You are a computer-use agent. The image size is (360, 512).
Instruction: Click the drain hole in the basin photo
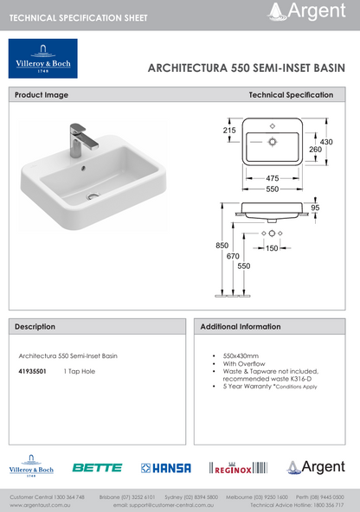tap(92, 198)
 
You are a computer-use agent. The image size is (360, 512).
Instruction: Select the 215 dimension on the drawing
tap(229, 131)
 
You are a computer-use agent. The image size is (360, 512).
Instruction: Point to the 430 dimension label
tap(326, 141)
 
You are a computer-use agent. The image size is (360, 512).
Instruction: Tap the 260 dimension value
tap(315, 150)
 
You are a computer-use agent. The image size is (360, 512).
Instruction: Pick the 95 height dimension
tap(315, 208)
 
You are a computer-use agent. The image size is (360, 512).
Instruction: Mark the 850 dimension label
tap(222, 246)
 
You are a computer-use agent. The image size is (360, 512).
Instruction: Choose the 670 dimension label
tap(233, 256)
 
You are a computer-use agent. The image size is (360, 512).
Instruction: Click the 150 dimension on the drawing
tap(272, 248)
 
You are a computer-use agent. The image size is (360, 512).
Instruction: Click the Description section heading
tap(35, 327)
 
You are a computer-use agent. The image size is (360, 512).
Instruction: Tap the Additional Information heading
tap(241, 327)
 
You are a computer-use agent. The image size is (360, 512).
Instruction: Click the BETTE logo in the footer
tap(97, 468)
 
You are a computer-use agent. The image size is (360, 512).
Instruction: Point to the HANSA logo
tap(166, 468)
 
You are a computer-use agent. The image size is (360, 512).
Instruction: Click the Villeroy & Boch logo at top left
tap(42, 59)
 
